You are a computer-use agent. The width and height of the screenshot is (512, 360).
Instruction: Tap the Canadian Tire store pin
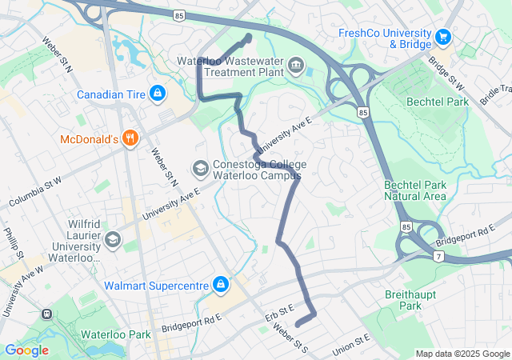(158, 94)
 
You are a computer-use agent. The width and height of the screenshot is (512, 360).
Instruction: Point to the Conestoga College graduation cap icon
(199, 168)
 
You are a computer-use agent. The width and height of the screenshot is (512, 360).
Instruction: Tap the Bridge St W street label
(446, 71)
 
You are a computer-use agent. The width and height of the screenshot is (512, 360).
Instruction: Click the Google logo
(26, 350)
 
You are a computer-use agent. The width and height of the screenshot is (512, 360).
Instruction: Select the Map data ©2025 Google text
(462, 354)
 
